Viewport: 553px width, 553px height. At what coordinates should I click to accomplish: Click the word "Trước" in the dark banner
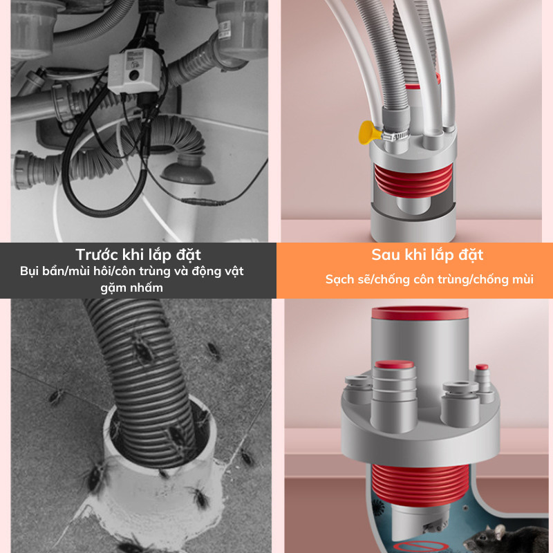point(97,254)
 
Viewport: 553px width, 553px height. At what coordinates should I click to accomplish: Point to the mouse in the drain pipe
point(507,538)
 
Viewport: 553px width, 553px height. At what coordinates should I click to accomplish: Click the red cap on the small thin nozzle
point(482,367)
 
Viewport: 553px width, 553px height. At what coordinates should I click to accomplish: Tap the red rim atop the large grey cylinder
point(420,313)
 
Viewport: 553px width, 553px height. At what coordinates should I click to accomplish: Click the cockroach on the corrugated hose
point(142,348)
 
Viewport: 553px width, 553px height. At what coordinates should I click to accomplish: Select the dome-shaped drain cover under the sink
point(187,171)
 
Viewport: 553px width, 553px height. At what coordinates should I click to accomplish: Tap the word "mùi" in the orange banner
point(523,279)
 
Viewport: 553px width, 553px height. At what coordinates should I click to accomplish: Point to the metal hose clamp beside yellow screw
point(395,134)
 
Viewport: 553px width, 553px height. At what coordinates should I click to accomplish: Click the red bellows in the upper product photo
point(413,180)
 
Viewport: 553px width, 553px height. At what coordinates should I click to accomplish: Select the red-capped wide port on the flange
point(394,364)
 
